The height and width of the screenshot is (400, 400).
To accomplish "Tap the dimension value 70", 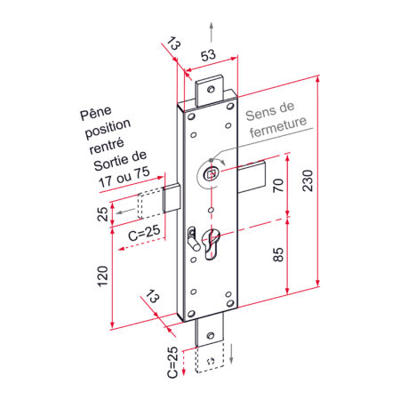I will pyautogui.click(x=278, y=186).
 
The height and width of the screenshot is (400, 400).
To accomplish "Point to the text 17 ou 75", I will pyautogui.click(x=124, y=180).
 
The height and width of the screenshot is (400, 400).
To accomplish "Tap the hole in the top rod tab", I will pyautogui.click(x=211, y=88).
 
